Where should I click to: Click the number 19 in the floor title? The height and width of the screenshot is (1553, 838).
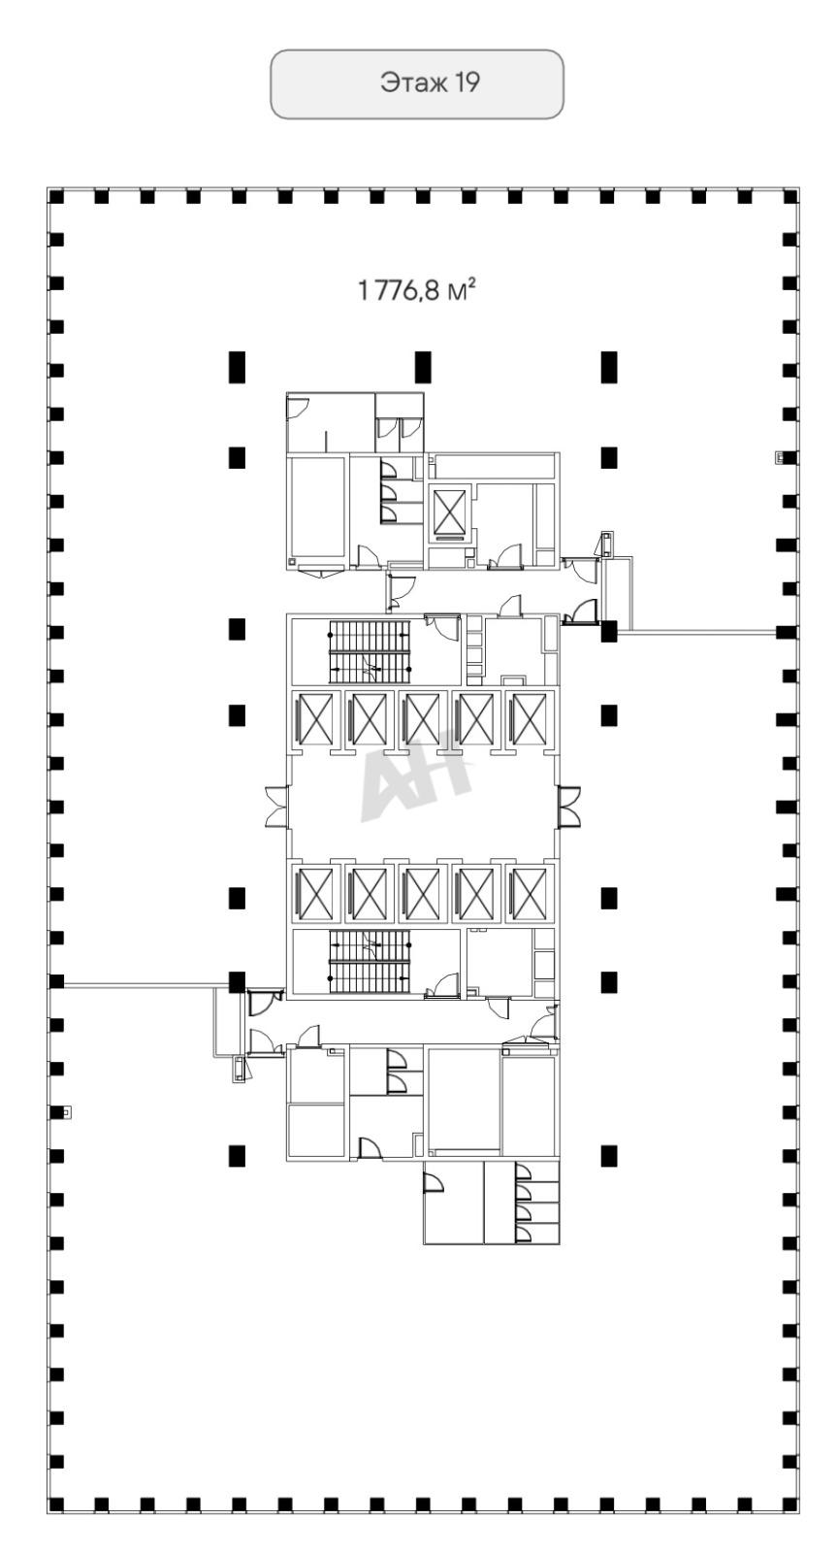(x=467, y=83)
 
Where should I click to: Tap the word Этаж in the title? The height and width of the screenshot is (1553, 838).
(x=414, y=83)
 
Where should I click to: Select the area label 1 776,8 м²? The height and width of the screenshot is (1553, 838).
(x=417, y=289)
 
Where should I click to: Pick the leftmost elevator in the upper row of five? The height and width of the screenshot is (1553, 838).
(x=316, y=719)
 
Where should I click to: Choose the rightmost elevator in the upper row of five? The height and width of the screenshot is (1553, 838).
(x=530, y=719)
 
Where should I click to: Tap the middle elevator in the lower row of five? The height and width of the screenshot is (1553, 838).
(x=423, y=894)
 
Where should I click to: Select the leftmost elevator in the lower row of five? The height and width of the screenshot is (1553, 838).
(x=316, y=894)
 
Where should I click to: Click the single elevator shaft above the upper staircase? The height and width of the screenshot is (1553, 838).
(x=450, y=513)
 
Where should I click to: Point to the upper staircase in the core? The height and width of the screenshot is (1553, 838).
(x=370, y=651)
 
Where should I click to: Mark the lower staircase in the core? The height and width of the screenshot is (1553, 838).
(x=370, y=962)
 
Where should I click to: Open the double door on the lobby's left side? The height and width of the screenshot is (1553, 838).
(x=277, y=807)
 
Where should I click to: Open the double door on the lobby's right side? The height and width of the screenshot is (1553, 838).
(x=569, y=807)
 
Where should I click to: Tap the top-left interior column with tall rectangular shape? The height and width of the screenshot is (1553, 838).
(x=237, y=367)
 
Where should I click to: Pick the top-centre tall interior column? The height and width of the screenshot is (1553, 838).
(x=423, y=367)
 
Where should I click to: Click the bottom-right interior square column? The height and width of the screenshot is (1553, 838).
(x=609, y=1156)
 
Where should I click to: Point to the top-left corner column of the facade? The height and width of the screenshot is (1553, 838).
(x=55, y=197)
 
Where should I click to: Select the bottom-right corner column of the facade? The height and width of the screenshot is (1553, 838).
(x=790, y=1504)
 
